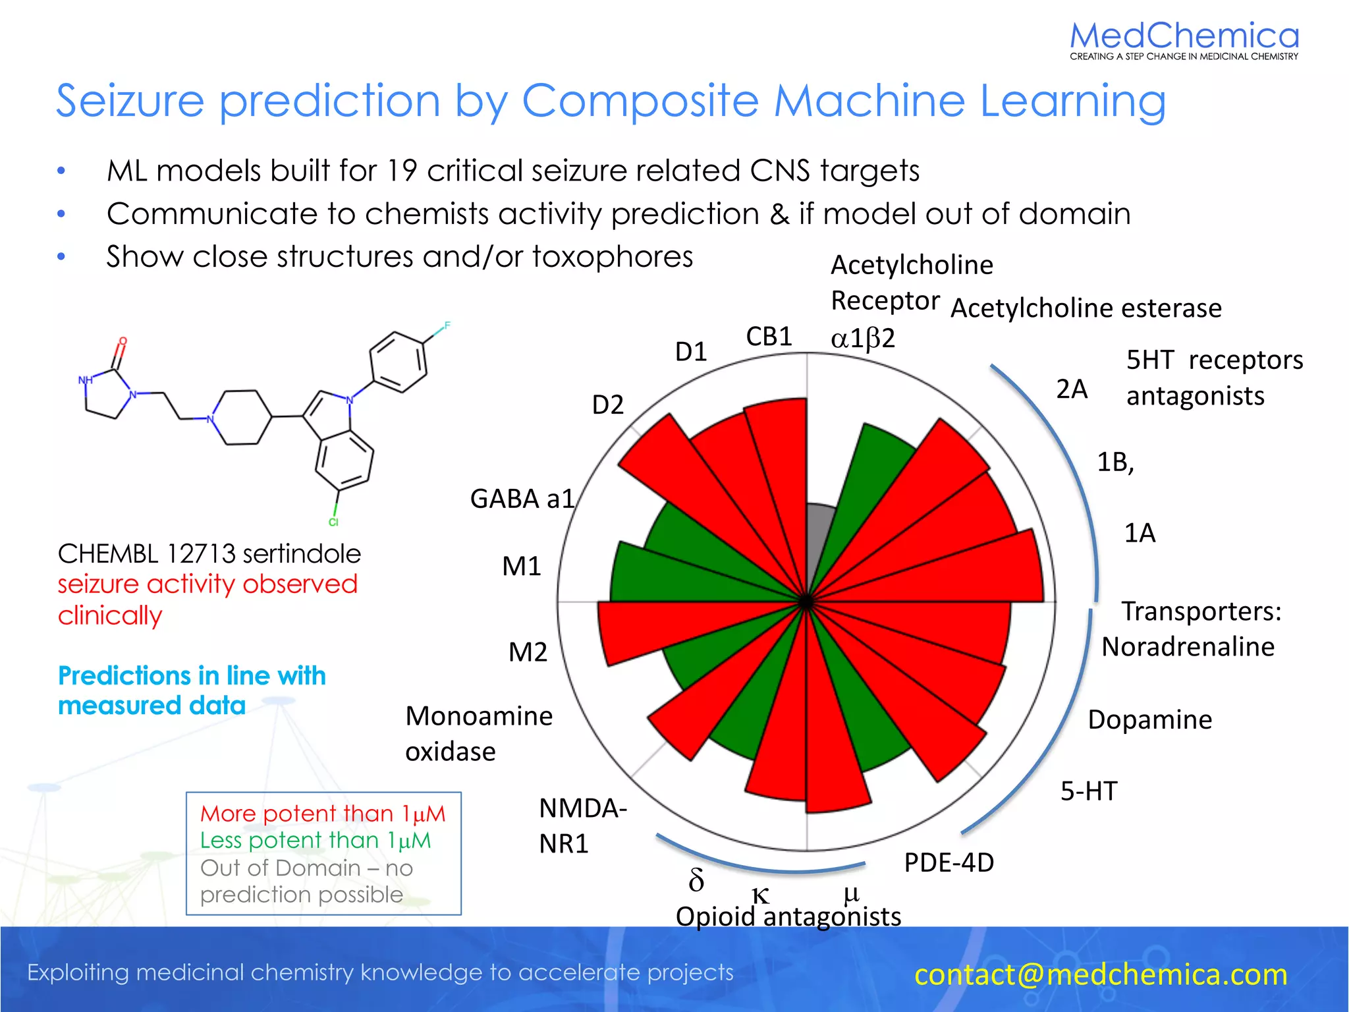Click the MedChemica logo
point(1184,40)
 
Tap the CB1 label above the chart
point(768,337)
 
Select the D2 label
point(607,405)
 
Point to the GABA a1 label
point(522,499)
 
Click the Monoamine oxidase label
point(479,733)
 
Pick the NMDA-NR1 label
point(582,826)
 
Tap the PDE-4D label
point(949,862)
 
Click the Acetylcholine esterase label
point(1086,308)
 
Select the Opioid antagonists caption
point(788,916)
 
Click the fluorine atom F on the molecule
point(447,325)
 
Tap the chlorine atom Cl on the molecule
point(333,522)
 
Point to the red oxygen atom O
point(123,341)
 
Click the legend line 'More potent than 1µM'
point(323,814)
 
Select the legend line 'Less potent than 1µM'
point(316,841)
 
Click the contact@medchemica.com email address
point(1100,974)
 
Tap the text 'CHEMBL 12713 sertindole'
point(209,553)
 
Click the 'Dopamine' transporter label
point(1149,719)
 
